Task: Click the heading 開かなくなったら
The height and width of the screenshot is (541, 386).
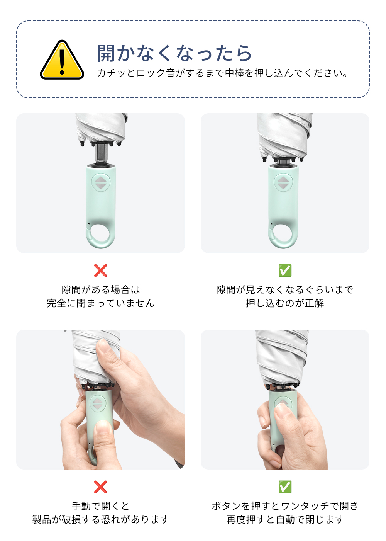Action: (174, 53)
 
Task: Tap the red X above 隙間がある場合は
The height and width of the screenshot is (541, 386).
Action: (100, 270)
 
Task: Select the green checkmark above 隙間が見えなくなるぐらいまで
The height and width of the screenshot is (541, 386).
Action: (285, 270)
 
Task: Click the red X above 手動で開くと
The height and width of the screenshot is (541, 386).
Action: (100, 487)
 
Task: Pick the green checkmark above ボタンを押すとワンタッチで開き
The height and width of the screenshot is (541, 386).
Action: (285, 487)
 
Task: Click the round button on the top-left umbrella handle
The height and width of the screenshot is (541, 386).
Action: (101, 182)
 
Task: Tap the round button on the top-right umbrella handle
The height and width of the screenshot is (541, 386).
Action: (283, 182)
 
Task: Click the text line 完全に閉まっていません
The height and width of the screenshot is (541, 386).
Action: (101, 303)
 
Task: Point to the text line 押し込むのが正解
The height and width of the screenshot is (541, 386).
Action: (285, 303)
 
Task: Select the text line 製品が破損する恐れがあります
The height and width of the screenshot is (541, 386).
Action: (101, 519)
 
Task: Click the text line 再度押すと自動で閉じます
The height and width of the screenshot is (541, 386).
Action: (285, 519)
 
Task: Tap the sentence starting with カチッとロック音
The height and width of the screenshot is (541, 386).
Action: (222, 73)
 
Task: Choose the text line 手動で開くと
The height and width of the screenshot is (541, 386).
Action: (101, 506)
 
